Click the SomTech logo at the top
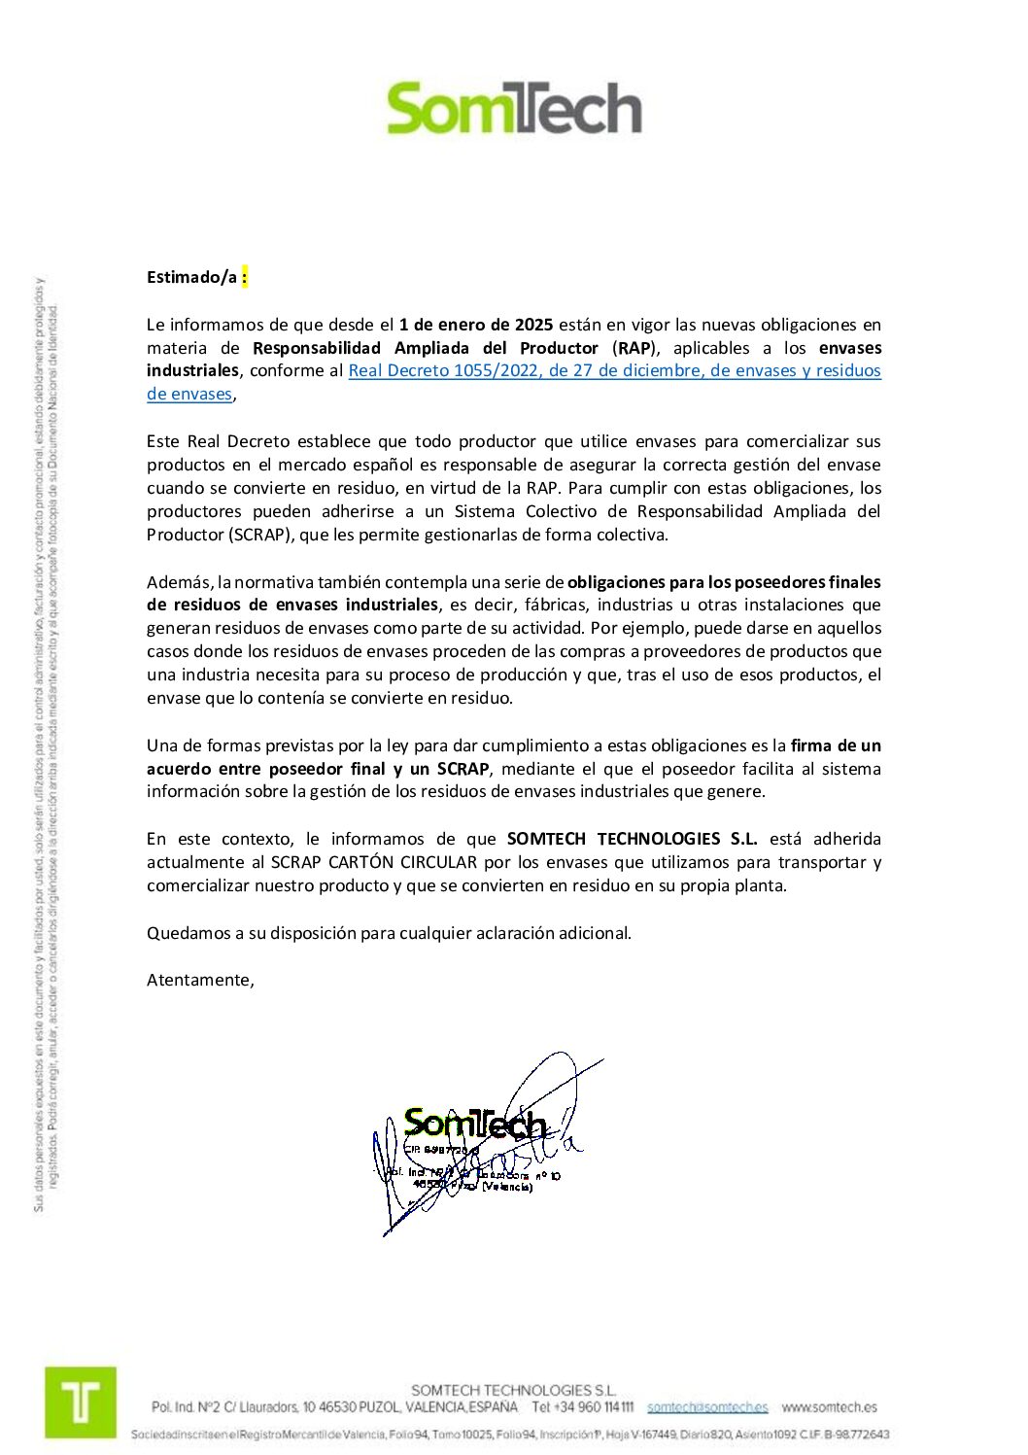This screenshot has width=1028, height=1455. [x=514, y=108]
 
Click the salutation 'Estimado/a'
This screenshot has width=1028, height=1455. [x=191, y=277]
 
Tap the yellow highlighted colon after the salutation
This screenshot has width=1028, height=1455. [x=245, y=277]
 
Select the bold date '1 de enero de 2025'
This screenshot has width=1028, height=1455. [x=475, y=325]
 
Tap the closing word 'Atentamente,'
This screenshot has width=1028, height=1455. [x=200, y=980]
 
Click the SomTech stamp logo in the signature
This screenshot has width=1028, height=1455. [x=475, y=1125]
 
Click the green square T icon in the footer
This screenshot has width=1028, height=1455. [x=81, y=1403]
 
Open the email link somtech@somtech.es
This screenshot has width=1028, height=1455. [x=707, y=1407]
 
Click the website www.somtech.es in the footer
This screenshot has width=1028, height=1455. [x=829, y=1407]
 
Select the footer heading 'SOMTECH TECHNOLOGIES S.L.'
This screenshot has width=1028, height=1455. [x=513, y=1391]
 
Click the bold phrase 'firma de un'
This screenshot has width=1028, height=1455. [x=836, y=745]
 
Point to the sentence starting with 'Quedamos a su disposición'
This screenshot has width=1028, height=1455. [x=389, y=933]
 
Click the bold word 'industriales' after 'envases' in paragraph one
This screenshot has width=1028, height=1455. [x=192, y=370]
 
